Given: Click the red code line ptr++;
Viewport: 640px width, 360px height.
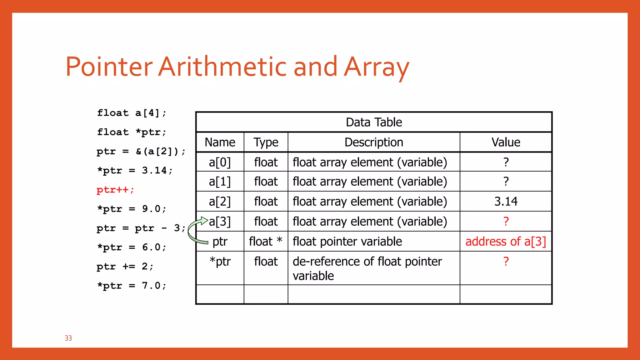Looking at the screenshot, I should pos(115,190).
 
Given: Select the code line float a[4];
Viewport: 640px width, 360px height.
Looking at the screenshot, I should pos(132,113).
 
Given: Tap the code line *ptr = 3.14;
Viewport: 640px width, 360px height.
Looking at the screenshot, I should pos(135,171).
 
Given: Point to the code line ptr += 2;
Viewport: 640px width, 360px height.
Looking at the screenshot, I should pos(125,267).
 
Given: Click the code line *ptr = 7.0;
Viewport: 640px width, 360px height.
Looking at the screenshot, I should pos(132,286).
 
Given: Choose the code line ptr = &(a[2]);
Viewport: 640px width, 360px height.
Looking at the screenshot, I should pos(141,152).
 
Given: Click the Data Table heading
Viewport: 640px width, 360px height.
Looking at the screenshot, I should pos(374,122).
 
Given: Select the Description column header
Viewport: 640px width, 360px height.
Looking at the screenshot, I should pos(374,142).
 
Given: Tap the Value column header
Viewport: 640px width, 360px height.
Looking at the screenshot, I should pos(506,142).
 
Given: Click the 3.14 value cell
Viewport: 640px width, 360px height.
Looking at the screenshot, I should pos(506,201).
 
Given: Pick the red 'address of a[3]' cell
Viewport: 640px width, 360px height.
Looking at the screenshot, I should pos(506,242).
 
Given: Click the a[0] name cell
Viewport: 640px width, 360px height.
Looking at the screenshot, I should pos(220,162).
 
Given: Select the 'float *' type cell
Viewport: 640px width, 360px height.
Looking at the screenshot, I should pos(266,242).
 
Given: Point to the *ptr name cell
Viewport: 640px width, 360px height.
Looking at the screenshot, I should pos(220,262).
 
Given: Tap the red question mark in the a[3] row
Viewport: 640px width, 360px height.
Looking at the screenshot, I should pos(506,222).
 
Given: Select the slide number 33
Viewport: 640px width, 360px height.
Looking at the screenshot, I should pos(68,338).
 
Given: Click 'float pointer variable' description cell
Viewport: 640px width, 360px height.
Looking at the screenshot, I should pos(347,242).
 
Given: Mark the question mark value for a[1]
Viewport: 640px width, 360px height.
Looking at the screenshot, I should pos(506,182).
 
